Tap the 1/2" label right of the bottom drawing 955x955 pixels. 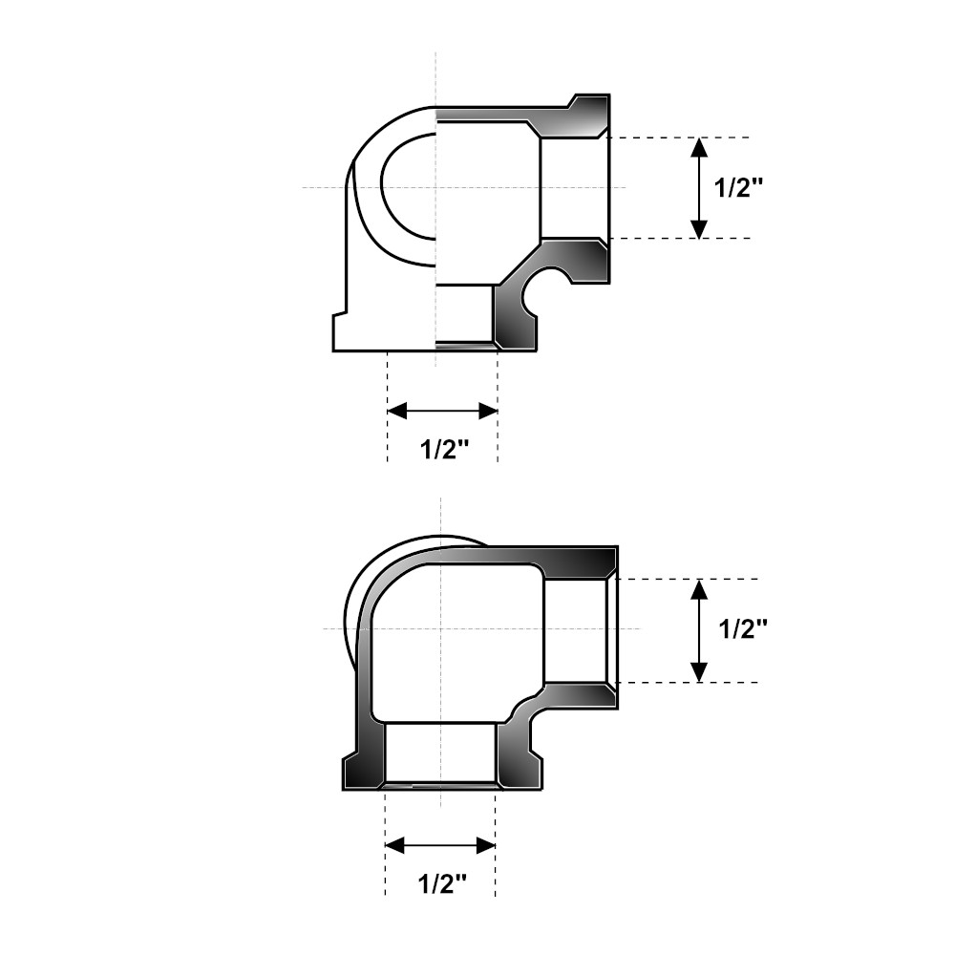743,629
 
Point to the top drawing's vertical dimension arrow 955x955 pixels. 699,188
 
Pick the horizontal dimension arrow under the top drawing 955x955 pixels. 443,412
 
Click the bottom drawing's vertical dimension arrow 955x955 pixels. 700,630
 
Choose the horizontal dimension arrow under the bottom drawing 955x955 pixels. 440,845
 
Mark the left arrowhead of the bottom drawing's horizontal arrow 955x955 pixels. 394,845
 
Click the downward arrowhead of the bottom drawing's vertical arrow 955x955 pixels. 700,672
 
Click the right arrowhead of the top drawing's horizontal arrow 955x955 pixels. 489,412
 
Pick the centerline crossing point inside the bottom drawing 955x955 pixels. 440,628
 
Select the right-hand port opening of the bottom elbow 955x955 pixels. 577,630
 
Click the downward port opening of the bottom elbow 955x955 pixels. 440,754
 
